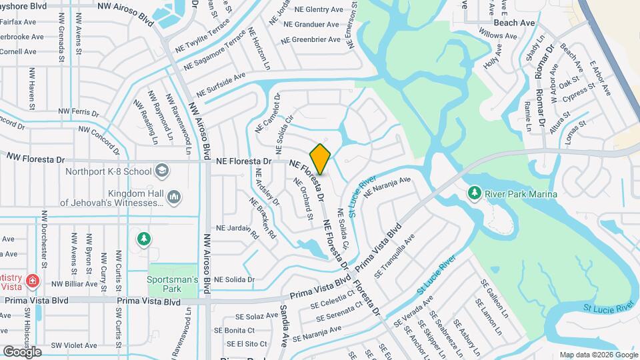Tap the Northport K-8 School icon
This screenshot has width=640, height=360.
coord(161,171)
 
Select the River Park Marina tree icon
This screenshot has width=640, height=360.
coord(474,193)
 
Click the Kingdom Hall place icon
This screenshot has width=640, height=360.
coord(174,196)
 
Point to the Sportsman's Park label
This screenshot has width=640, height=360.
coord(173,284)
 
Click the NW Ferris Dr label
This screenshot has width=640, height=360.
coord(79,111)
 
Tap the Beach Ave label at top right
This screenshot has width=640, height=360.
coord(515,23)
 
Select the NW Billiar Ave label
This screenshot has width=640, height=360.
coord(78,283)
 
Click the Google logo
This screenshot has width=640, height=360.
coord(22,351)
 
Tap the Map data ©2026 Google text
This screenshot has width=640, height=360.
coord(598,355)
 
